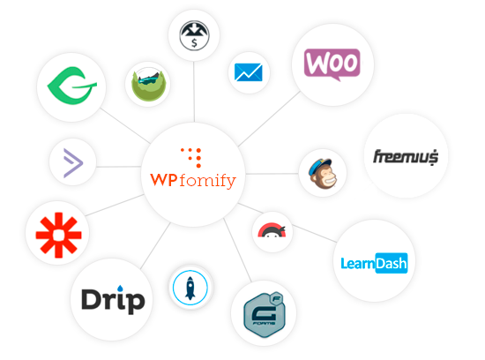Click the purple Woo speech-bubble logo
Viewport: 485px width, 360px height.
pos(332,64)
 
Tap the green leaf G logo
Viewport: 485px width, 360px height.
pos(71,86)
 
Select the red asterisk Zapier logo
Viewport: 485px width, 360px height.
pos(58,235)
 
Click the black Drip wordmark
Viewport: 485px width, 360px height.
pos(113,300)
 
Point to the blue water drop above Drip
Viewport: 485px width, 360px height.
pos(120,289)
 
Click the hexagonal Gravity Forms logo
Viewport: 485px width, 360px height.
pos(265,314)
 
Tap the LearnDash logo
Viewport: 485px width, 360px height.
pos(374,263)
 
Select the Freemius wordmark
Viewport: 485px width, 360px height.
pos(406,157)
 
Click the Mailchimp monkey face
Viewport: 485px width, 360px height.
pos(323,173)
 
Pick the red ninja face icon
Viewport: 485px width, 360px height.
pos(272,230)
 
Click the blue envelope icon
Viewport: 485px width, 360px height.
pos(249,72)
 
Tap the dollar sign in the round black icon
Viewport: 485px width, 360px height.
pos(194,42)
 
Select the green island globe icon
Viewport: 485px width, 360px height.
pos(149,84)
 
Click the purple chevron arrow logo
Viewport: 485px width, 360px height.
pos(73,163)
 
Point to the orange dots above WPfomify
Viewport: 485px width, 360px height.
pos(191,157)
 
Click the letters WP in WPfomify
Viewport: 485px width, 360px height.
pos(164,180)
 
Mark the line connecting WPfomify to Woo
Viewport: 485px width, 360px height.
pos(270,118)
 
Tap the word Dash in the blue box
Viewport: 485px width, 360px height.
pos(392,263)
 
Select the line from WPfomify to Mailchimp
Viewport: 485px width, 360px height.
pos(272,174)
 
